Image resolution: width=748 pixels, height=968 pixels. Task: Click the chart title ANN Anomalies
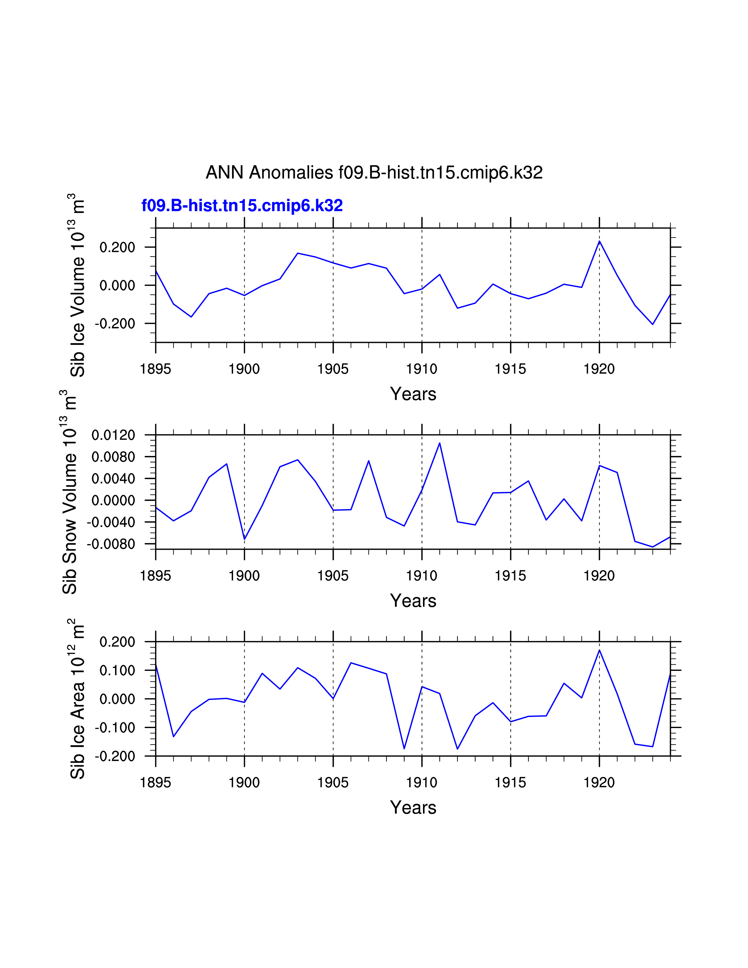[374, 172]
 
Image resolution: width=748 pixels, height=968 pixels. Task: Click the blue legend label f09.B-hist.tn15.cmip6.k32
[242, 206]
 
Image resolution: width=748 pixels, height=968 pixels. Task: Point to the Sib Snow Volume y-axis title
[70, 492]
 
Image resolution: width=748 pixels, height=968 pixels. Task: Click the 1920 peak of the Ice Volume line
[600, 241]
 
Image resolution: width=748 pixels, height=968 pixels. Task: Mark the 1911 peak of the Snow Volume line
[440, 443]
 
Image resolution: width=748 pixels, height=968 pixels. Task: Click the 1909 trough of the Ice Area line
[404, 749]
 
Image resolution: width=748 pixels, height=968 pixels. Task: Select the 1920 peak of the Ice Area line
[600, 650]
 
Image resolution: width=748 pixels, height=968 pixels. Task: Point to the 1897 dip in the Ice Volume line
[191, 317]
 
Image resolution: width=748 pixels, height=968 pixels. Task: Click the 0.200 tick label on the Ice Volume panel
[117, 247]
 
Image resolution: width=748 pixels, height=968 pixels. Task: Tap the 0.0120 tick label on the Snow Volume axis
[113, 435]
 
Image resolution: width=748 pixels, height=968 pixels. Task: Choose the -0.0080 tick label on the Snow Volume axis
[111, 544]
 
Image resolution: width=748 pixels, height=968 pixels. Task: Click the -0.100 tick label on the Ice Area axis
[115, 728]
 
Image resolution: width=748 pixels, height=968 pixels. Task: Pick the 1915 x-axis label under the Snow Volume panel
[510, 576]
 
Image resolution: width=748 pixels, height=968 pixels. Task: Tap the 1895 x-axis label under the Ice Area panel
[155, 783]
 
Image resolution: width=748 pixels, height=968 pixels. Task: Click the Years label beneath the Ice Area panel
[413, 808]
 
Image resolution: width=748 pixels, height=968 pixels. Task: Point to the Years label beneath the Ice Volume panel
[413, 394]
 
